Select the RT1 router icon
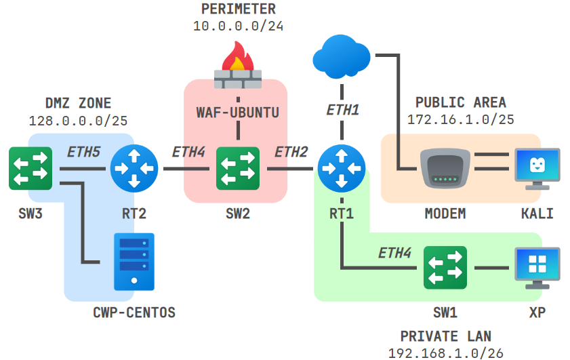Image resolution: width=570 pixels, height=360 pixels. [341, 169]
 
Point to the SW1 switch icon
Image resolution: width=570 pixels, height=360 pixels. [445, 268]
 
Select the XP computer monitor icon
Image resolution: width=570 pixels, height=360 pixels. [537, 266]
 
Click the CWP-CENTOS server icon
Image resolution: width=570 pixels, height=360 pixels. [134, 262]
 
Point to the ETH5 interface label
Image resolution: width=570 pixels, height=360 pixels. [83, 153]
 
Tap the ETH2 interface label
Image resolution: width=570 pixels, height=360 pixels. [291, 153]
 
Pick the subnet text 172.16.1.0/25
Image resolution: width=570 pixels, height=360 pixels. [460, 119]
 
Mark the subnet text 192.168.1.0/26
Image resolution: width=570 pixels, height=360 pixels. [445, 353]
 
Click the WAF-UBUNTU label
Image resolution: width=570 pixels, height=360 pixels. [238, 111]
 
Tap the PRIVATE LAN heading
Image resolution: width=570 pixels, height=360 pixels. [445, 336]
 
